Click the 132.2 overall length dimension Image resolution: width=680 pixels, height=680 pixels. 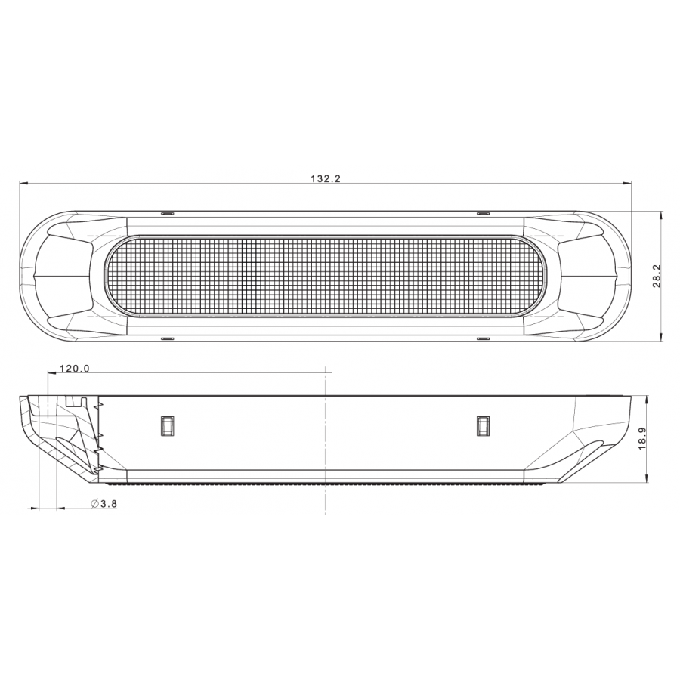tap(326, 178)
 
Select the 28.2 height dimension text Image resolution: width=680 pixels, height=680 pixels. tap(656, 276)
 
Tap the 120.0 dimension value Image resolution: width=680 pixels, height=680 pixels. tap(75, 369)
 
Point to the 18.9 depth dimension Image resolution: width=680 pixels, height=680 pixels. tap(643, 438)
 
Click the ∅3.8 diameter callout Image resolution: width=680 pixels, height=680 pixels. tap(104, 503)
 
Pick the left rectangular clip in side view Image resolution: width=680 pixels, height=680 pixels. tap(168, 425)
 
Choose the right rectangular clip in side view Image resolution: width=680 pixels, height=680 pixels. tap(483, 425)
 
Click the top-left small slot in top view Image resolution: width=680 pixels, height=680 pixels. tap(167, 214)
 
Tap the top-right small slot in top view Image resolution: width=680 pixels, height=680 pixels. tap(483, 214)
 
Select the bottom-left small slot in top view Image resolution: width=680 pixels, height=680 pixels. tap(167, 338)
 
